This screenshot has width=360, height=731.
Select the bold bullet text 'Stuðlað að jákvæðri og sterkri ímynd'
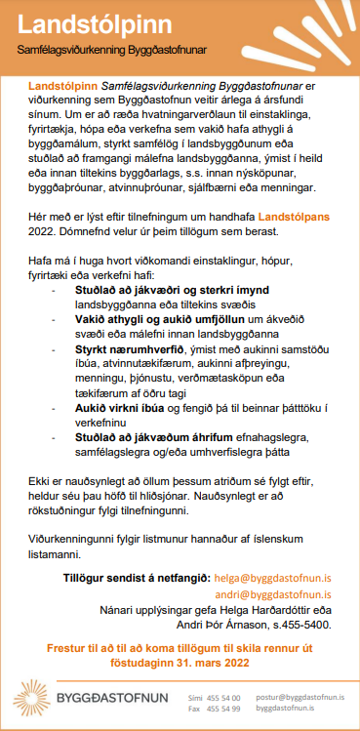click(172, 291)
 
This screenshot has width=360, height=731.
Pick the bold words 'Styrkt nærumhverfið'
click(132, 348)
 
